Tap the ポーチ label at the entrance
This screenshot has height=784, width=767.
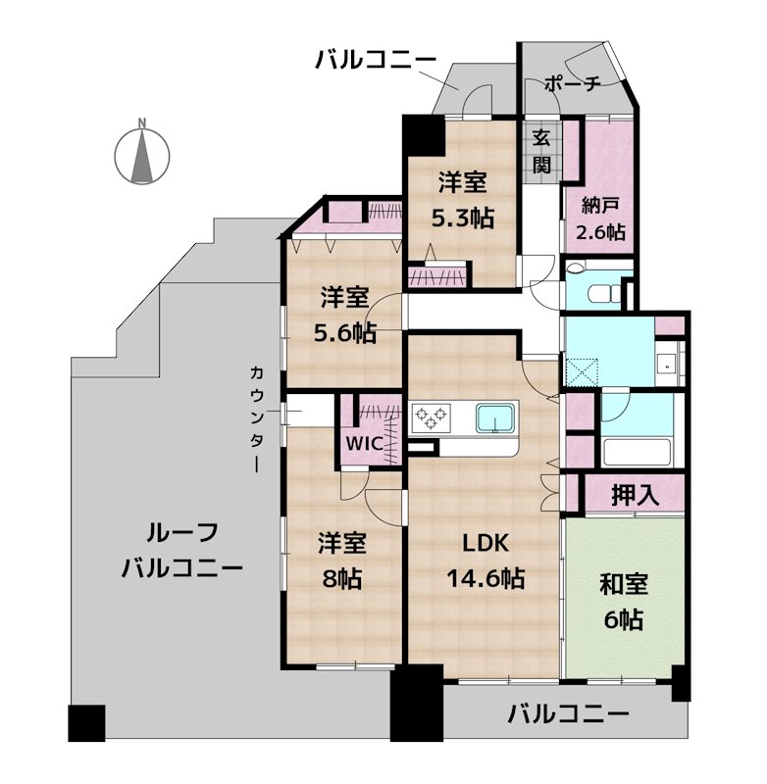point(572,85)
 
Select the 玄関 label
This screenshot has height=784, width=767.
point(541,152)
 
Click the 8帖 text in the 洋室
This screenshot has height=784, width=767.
point(341,578)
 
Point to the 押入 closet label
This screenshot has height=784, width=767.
point(635,494)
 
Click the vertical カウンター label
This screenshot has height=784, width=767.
point(256,418)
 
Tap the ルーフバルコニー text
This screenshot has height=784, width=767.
point(181,551)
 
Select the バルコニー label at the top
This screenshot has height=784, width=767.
point(376,62)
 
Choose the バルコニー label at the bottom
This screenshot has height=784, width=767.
point(568,713)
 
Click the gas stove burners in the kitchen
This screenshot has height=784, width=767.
point(430,418)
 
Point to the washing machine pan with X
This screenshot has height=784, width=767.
point(587,370)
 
